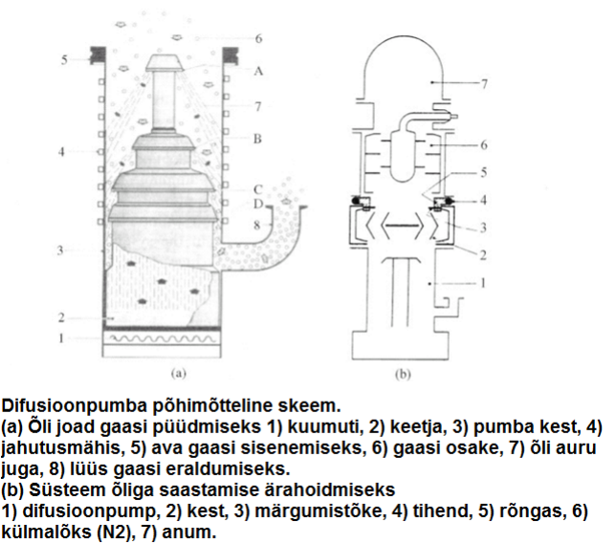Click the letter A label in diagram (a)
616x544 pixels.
tap(258, 71)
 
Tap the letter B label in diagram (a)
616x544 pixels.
tap(257, 139)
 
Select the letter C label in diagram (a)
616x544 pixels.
tap(257, 189)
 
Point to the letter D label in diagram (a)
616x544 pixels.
tap(257, 204)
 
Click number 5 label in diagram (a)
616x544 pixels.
tap(64, 60)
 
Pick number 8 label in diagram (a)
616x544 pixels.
tap(256, 225)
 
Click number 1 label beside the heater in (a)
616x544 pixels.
tap(61, 337)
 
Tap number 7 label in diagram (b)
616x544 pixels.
tap(484, 84)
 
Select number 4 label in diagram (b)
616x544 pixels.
tap(483, 200)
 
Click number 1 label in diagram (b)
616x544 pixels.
tap(483, 283)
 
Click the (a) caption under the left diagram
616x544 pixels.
tap(178, 374)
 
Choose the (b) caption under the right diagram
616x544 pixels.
tap(403, 375)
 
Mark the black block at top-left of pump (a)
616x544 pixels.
tap(98, 55)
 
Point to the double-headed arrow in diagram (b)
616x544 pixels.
tap(403, 226)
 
